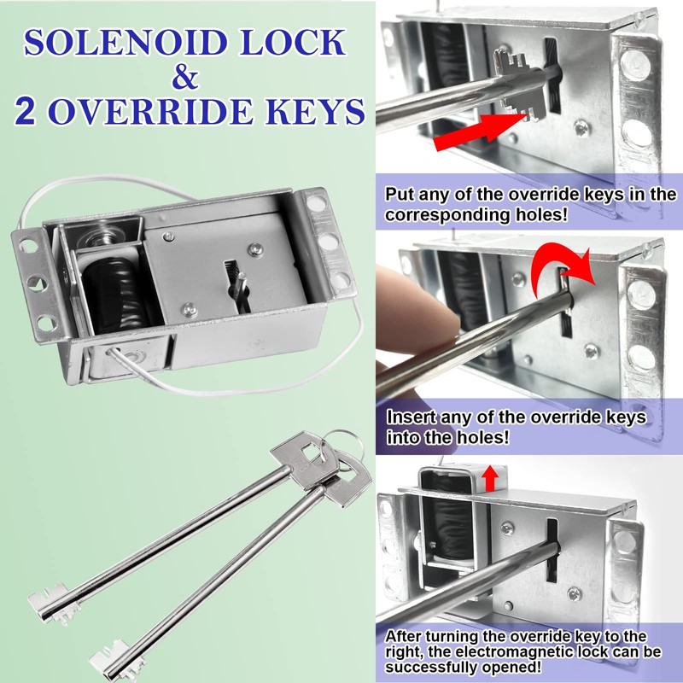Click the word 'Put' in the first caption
(400, 196)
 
